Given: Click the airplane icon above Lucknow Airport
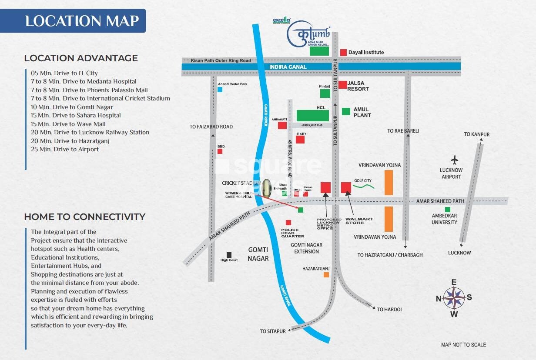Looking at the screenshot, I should [455, 160].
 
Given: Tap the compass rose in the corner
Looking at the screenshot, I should [454, 298].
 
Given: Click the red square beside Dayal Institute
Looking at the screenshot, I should [343, 52].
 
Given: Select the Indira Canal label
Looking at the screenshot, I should [288, 67].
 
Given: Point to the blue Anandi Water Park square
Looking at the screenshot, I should [220, 90].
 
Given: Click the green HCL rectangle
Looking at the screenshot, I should [312, 115].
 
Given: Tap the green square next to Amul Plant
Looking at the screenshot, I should [346, 111].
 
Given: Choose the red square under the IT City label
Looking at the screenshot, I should [300, 140].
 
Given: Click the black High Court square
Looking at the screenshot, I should [229, 255].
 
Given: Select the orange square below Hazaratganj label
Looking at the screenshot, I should [326, 275].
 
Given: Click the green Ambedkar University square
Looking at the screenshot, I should [447, 210].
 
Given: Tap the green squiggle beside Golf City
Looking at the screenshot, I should [363, 187].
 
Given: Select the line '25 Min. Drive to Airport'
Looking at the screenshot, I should [65, 149].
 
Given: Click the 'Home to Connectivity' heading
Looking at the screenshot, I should [85, 217].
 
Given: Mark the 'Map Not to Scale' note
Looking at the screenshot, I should [463, 344].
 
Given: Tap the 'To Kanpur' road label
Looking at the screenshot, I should [476, 134].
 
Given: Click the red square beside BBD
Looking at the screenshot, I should [220, 151].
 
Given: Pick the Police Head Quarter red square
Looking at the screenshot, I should [288, 223].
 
